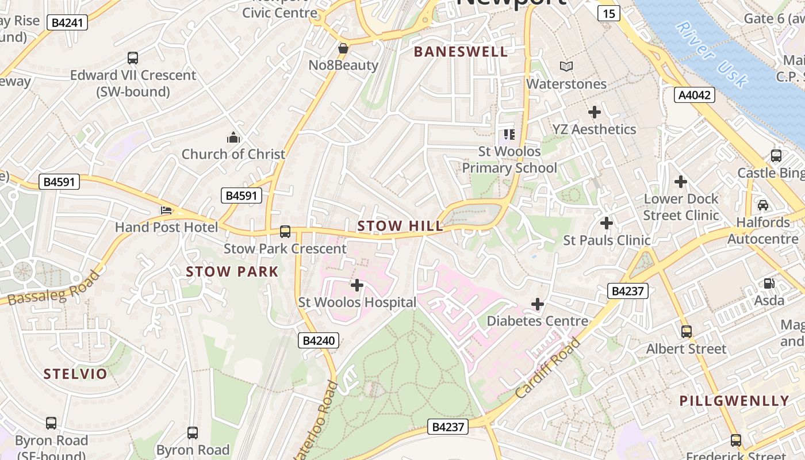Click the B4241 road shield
tap(68, 23)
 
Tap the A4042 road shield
tap(694, 95)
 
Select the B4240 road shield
tap(319, 340)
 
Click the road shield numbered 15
tap(608, 13)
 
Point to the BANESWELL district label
tap(461, 52)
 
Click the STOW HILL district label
tap(400, 226)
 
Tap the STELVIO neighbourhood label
tap(75, 374)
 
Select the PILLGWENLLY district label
tap(734, 401)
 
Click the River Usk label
tap(711, 55)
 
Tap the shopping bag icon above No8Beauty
tap(343, 48)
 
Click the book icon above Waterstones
tap(566, 67)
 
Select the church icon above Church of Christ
tap(233, 137)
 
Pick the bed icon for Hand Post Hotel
tap(166, 210)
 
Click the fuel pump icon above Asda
tap(769, 283)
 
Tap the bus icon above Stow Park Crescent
tap(285, 232)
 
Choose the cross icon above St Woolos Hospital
tap(357, 285)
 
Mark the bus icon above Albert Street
tap(686, 331)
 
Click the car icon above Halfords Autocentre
tap(763, 205)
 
